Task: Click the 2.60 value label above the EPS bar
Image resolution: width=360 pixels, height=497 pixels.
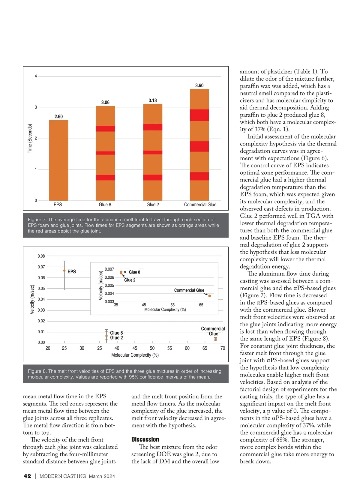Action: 58,116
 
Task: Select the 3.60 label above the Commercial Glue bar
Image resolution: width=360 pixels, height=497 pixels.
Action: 199,85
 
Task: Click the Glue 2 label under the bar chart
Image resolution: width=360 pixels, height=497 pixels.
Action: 153,205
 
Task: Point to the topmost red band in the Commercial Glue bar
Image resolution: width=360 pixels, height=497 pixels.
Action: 199,115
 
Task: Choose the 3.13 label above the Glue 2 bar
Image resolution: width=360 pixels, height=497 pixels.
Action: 153,100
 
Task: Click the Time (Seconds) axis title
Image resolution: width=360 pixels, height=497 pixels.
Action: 30,139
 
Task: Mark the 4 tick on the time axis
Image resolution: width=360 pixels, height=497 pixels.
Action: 36,76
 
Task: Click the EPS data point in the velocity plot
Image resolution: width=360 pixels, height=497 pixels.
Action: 64,271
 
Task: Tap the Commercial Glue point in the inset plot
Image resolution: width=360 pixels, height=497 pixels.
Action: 210,296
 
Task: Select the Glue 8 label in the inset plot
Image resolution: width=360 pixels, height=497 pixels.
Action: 134,272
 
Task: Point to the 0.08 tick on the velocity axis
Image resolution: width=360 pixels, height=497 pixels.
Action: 41,256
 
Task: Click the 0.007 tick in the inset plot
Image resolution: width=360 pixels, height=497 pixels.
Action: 109,269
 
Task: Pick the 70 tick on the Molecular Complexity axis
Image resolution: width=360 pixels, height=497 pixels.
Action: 223,348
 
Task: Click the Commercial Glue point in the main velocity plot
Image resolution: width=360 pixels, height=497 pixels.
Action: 215,339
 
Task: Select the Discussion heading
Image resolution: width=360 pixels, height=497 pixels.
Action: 145,439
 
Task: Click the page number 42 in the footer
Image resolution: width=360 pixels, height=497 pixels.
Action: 27,476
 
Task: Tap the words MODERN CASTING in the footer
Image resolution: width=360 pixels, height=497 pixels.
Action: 63,476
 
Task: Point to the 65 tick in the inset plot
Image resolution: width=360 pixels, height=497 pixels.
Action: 201,305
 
